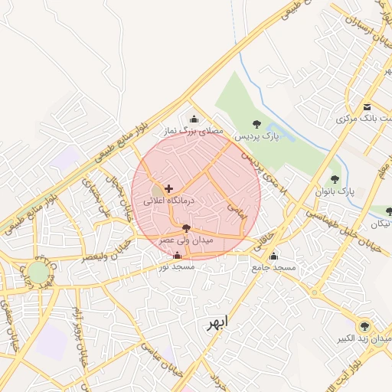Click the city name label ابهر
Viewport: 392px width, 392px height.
(217, 323)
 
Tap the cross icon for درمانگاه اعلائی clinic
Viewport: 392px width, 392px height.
(168, 188)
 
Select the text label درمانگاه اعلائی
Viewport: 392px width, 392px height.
(169, 200)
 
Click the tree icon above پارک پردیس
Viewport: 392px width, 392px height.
(256, 124)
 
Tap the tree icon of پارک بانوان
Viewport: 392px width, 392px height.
(335, 179)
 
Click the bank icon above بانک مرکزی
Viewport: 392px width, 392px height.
(368, 107)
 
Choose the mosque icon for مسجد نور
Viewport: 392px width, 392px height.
(178, 255)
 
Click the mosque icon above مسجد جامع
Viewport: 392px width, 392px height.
(273, 256)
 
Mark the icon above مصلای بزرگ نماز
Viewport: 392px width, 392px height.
(194, 119)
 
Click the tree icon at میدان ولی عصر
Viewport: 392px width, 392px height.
(186, 227)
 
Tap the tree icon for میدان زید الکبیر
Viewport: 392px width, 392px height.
(364, 326)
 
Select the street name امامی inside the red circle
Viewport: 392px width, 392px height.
(237, 211)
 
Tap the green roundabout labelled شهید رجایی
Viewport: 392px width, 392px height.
(38, 273)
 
